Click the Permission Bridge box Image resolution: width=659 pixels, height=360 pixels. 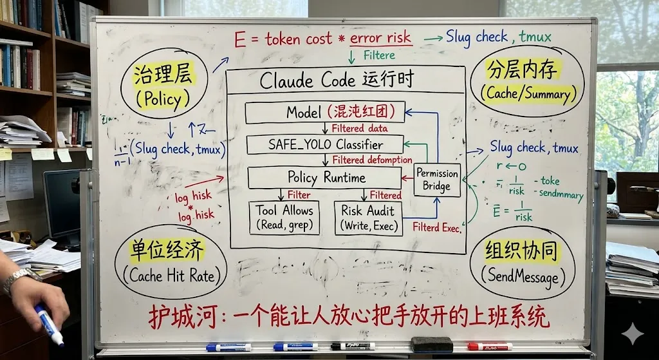click(x=438, y=180)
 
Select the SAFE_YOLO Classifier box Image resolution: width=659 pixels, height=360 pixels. click(x=325, y=144)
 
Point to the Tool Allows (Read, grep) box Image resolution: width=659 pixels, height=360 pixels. click(x=284, y=218)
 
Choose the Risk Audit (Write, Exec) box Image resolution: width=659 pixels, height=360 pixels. click(x=367, y=218)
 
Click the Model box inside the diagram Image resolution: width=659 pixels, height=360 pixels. click(x=325, y=112)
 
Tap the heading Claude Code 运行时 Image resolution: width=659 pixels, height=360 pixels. click(x=336, y=81)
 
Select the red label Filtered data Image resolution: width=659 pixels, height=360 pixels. click(x=360, y=128)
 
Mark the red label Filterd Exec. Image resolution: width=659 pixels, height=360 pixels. click(x=438, y=227)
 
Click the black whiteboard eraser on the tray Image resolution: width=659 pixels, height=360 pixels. click(x=432, y=345)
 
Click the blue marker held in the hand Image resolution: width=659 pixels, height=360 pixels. click(x=50, y=326)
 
